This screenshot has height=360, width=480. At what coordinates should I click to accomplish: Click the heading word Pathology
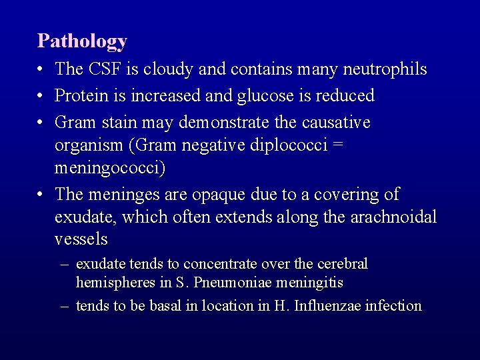click(x=82, y=41)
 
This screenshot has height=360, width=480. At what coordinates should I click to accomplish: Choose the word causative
click(x=333, y=123)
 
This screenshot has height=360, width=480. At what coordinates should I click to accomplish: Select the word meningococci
click(x=109, y=168)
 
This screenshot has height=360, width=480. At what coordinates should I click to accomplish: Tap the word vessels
click(x=81, y=239)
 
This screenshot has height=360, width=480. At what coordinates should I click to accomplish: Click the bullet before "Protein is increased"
click(x=41, y=96)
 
